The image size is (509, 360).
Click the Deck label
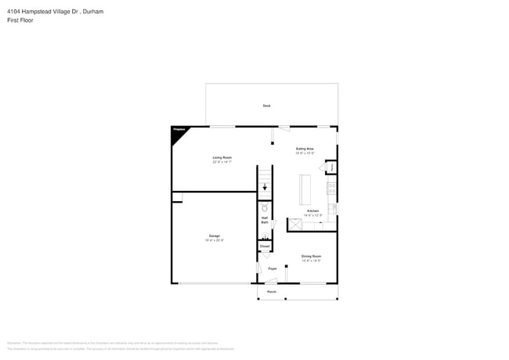[266, 106]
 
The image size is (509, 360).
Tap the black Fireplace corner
[178, 135]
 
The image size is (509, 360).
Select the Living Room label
[222, 157]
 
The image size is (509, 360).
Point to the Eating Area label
[305, 149]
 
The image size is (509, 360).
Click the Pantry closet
[331, 167]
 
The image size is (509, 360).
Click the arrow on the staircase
[265, 187]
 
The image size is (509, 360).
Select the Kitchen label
[312, 211]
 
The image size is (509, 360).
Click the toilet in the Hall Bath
[265, 209]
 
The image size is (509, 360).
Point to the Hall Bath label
[265, 221]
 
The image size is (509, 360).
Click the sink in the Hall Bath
[265, 236]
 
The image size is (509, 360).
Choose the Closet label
[265, 247]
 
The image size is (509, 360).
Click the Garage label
[214, 236]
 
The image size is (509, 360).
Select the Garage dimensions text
[214, 240]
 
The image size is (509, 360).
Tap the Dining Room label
[312, 256]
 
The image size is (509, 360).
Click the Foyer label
[273, 268]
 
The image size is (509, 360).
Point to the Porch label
[271, 292]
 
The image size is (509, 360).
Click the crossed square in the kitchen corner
[294, 225]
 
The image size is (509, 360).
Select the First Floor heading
[21, 20]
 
